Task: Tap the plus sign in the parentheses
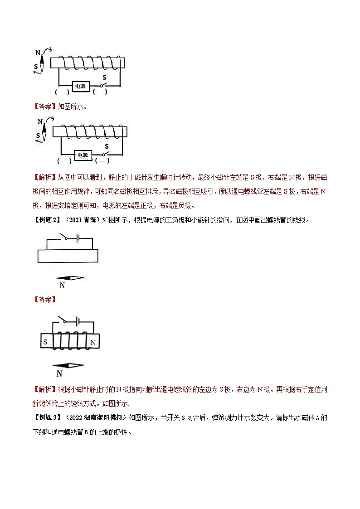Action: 67,161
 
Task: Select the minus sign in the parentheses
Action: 103,161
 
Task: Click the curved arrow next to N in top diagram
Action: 49,48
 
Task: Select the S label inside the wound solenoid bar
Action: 45,342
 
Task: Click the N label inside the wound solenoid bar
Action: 93,342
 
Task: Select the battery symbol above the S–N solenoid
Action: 78,321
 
